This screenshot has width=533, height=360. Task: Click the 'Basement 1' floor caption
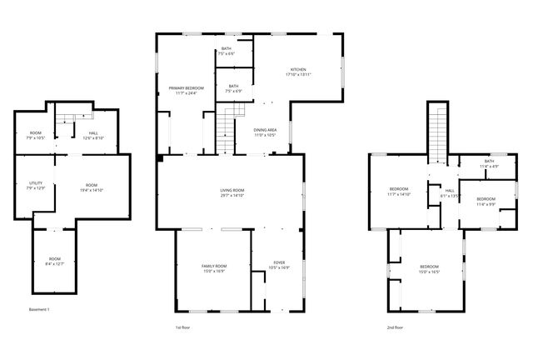pyautogui.click(x=40, y=310)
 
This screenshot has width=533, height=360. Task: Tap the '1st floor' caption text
pyautogui.click(x=184, y=327)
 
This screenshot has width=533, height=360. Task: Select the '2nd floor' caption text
pyautogui.click(x=396, y=327)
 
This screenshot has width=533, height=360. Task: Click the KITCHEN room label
pyautogui.click(x=298, y=69)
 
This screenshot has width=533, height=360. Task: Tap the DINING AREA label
pyautogui.click(x=266, y=130)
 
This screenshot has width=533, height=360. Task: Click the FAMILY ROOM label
pyautogui.click(x=214, y=266)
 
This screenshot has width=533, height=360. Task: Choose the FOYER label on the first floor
pyautogui.click(x=279, y=263)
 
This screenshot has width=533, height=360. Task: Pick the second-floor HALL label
pyautogui.click(x=450, y=191)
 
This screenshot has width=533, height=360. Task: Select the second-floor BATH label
pyautogui.click(x=489, y=161)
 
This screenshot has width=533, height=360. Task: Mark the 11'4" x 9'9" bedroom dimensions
pyautogui.click(x=486, y=203)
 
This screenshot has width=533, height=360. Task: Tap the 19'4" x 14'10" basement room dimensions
pyautogui.click(x=92, y=190)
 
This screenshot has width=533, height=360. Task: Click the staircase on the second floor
pyautogui.click(x=439, y=133)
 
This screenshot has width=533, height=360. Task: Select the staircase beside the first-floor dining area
pyautogui.click(x=228, y=128)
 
